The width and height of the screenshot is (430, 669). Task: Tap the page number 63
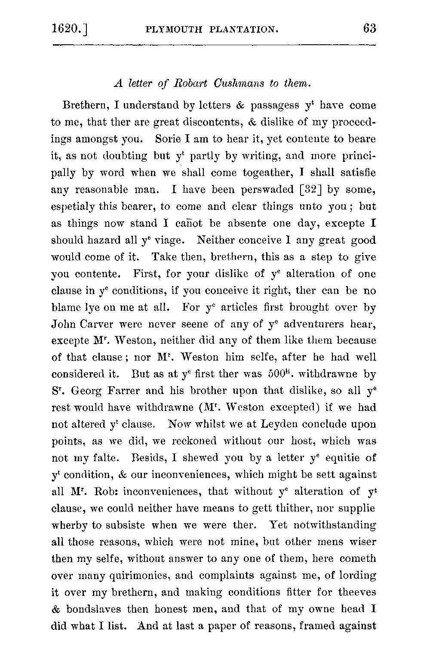point(369,29)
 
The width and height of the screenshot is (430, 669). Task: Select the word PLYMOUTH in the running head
point(173,30)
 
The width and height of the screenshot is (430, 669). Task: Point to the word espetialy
point(71,207)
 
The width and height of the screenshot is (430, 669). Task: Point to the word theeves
point(357,592)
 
